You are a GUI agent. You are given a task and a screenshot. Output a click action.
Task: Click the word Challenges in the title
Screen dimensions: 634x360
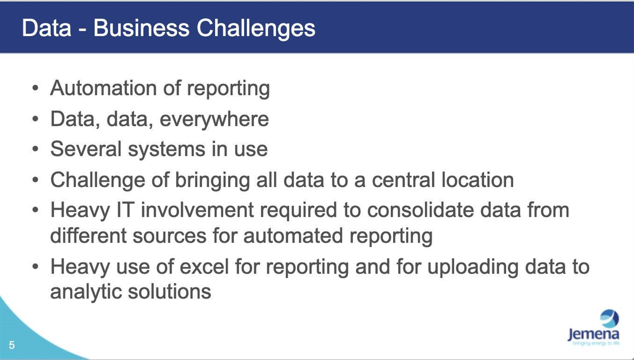[x=256, y=29]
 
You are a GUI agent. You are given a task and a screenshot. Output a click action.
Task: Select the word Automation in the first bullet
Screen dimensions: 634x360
[x=103, y=88]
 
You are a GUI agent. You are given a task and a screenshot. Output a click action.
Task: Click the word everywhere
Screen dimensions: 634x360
[x=214, y=120]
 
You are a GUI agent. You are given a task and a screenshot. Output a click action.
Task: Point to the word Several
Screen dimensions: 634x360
[x=86, y=149]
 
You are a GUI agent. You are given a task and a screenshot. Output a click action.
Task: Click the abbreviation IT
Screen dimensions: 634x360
[x=126, y=210]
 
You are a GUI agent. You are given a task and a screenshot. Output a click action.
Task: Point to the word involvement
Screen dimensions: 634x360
[x=197, y=210]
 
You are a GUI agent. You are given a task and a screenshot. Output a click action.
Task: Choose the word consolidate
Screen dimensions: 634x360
[x=420, y=210]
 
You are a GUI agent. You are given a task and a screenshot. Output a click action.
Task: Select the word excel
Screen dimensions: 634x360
[x=204, y=266]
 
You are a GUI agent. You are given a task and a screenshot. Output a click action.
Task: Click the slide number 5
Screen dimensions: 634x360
[x=12, y=345]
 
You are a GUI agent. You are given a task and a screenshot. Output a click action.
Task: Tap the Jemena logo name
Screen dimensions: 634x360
[x=593, y=335]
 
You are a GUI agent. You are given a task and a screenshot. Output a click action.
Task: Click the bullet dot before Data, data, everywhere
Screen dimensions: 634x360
[x=35, y=119]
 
